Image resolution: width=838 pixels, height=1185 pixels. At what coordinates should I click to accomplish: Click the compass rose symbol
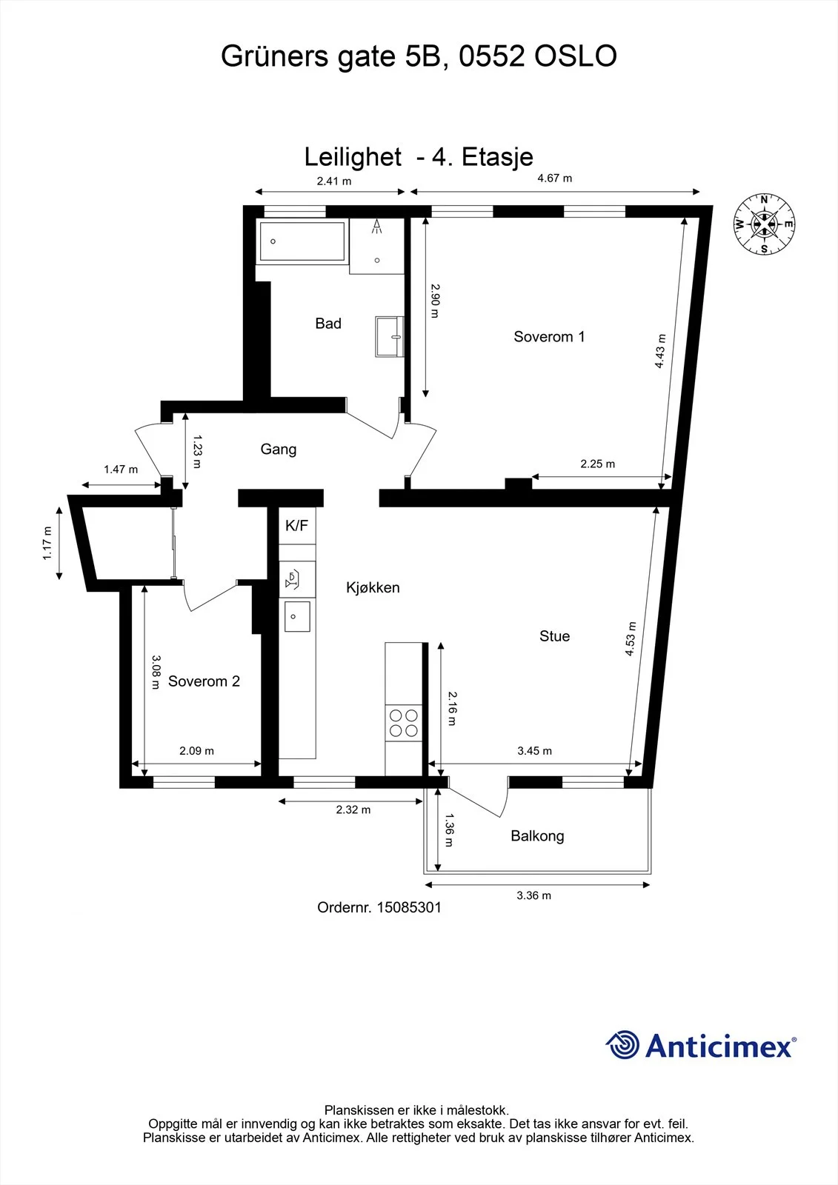764,224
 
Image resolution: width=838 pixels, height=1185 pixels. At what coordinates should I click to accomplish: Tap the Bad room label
328,323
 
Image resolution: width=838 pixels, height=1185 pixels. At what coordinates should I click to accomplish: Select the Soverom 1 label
549,336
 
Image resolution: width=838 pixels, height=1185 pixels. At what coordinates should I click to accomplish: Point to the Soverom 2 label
204,681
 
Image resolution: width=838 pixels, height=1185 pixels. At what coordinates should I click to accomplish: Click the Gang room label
279,449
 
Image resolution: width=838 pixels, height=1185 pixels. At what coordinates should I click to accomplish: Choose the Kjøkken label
373,587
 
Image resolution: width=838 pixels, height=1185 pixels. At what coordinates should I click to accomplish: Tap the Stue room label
554,636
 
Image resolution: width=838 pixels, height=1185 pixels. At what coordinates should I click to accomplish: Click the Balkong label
537,836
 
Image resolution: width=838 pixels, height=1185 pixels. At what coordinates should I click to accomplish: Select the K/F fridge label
296,525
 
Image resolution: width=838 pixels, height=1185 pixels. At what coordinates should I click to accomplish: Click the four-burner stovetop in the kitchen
403,723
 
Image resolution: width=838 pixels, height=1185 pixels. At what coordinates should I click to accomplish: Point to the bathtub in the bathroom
302,241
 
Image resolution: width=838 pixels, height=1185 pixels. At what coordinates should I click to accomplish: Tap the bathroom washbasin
390,336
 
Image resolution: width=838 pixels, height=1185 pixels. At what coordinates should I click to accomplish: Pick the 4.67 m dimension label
555,178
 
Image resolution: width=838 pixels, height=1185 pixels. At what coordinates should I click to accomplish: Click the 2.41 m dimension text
334,181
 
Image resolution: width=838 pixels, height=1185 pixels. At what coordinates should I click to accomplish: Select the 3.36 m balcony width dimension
533,895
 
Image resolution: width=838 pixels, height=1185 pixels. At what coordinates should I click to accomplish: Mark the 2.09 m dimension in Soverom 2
196,751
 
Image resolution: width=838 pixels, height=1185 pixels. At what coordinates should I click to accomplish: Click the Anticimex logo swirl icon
622,1045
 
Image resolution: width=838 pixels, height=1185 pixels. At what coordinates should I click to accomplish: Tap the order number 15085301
409,908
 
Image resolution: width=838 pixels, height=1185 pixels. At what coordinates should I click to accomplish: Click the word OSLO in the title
576,56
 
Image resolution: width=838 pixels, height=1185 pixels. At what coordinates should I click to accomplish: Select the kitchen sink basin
297,616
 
